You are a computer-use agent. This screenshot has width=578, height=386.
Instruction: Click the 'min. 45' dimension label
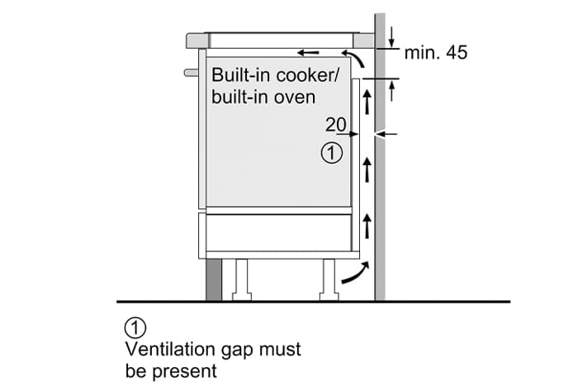click(x=435, y=54)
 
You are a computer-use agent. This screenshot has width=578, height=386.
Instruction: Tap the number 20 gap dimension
click(x=334, y=125)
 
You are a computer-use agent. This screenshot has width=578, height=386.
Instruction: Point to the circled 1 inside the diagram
click(x=331, y=153)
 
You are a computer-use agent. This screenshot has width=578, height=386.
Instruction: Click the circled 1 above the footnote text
click(x=133, y=327)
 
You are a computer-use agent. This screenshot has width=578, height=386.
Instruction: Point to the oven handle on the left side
click(x=192, y=73)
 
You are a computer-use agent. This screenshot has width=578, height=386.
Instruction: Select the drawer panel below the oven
click(x=278, y=231)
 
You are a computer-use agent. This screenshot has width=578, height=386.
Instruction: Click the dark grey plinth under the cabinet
click(x=213, y=279)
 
